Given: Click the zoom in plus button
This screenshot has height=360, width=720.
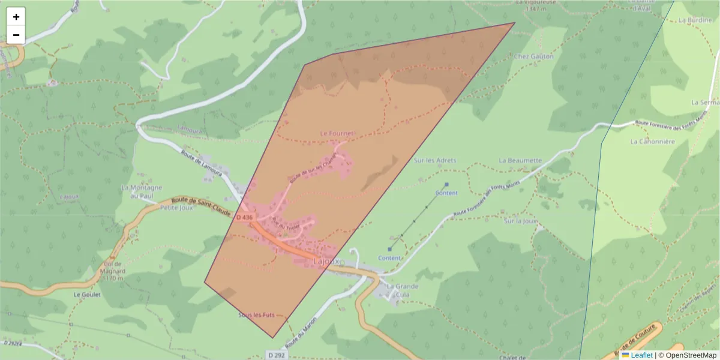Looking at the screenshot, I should [16, 17].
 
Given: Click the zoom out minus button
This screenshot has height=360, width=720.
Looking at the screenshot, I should [16, 35].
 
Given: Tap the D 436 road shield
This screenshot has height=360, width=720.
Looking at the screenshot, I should [244, 217].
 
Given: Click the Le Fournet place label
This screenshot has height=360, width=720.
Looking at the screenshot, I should [337, 133].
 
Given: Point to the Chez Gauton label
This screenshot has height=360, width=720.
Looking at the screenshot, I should [533, 56].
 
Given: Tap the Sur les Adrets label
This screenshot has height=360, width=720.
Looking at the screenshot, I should [435, 161].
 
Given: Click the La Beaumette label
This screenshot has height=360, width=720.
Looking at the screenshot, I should [520, 161].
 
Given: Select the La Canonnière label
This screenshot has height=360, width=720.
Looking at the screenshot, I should [652, 142].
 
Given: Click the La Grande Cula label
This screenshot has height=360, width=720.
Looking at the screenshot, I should [403, 290].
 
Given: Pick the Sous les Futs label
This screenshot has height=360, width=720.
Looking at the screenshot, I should [256, 315].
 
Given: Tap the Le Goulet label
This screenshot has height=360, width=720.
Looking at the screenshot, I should [86, 295].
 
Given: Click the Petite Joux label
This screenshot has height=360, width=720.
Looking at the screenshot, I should [175, 208].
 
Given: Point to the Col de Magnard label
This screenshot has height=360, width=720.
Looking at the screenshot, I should [113, 271].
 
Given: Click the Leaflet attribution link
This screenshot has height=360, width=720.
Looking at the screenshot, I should [641, 355].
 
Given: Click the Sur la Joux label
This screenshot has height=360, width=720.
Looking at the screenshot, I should [520, 221].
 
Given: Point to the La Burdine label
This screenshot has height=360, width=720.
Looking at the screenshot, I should [694, 20].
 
